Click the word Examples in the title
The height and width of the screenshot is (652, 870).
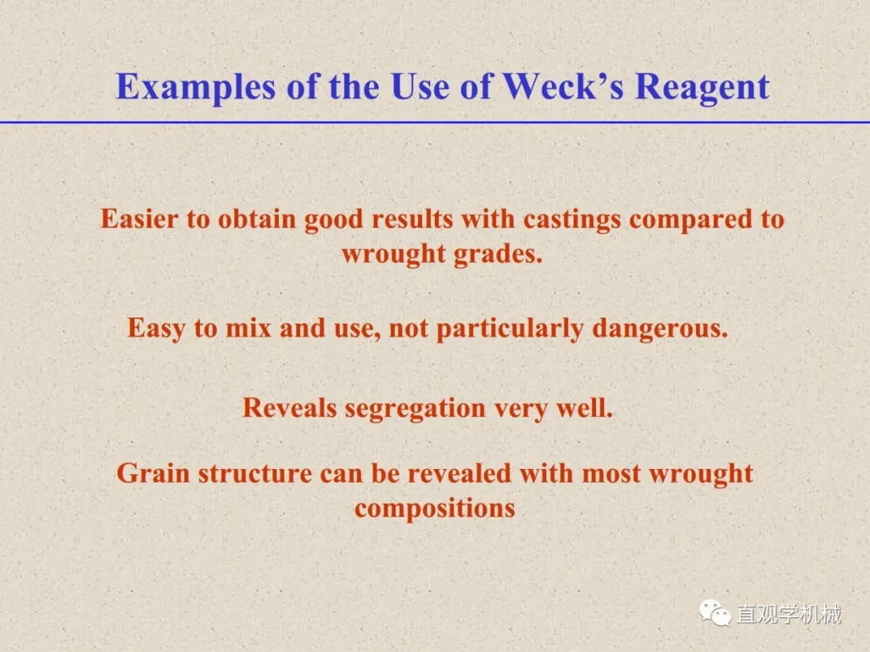coord(195,88)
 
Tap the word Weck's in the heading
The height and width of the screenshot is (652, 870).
coord(563,86)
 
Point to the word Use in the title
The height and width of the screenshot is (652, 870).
coord(419,86)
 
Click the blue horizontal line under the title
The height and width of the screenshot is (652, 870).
coord(435,122)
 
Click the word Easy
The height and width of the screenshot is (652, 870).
coord(156,329)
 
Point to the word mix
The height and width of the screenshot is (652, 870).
coord(248,328)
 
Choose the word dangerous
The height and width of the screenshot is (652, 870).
coord(660,329)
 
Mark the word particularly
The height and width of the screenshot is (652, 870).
coord(510,329)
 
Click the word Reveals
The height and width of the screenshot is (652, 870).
coord(290,409)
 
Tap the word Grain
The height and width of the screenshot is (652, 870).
coord(154,474)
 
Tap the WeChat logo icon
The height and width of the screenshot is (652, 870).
coord(715,613)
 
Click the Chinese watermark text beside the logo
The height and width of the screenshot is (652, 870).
coord(789,614)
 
